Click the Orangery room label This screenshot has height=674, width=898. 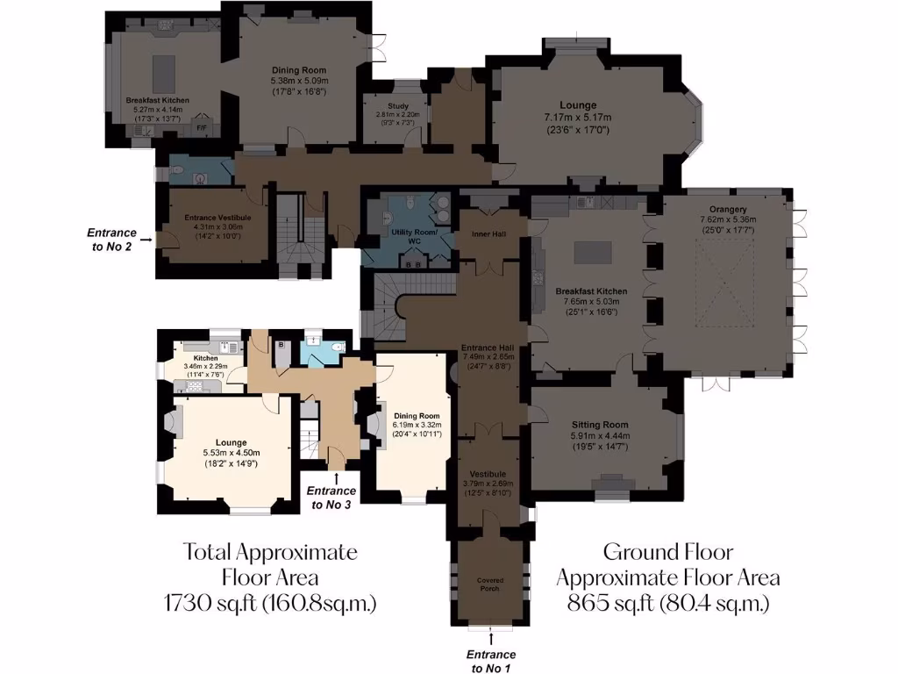coord(723,209)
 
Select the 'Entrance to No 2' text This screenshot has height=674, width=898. coord(111,239)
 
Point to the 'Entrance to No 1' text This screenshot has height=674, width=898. coord(491,661)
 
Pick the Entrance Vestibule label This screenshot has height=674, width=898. coord(217,217)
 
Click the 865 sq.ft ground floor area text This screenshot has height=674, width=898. coord(668,603)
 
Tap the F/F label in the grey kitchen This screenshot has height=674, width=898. coord(201,128)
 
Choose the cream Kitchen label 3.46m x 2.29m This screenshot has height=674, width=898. coord(206,358)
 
